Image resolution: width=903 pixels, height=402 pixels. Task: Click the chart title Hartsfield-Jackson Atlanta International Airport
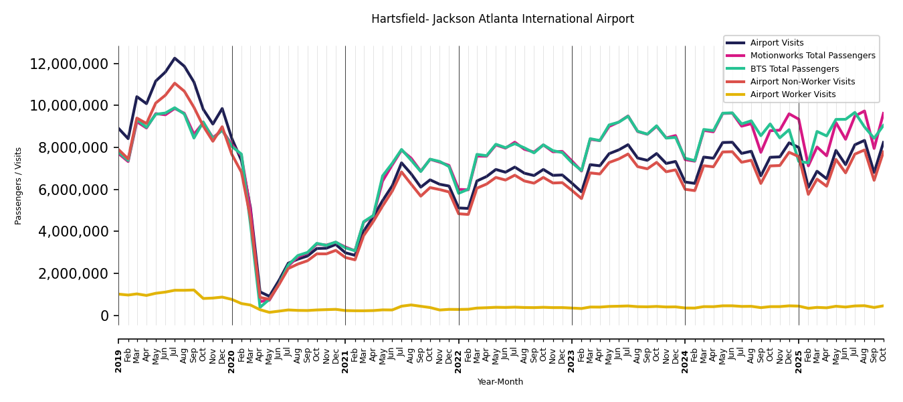tap(502, 19)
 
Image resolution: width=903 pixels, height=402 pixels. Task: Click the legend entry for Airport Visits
tap(777, 43)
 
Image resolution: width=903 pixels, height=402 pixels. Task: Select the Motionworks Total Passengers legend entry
tap(812, 56)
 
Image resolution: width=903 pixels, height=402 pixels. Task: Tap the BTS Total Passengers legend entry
tap(794, 69)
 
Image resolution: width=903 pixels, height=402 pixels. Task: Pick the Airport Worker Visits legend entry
tap(793, 94)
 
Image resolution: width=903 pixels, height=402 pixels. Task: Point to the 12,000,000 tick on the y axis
tap(70, 64)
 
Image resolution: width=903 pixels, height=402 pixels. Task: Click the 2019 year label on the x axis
tap(119, 360)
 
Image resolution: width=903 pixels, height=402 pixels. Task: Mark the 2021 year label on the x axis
tap(345, 360)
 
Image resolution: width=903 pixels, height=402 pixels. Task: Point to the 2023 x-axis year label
tap(572, 360)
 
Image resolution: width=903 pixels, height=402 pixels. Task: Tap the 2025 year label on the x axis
tap(799, 360)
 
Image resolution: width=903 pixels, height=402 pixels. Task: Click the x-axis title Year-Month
tap(500, 382)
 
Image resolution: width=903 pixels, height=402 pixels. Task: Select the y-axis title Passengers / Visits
tap(19, 186)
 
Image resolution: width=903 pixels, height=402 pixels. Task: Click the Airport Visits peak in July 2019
tap(175, 58)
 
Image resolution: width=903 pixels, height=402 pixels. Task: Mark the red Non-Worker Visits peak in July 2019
tap(175, 83)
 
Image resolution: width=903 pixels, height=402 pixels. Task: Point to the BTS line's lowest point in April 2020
tap(260, 307)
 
